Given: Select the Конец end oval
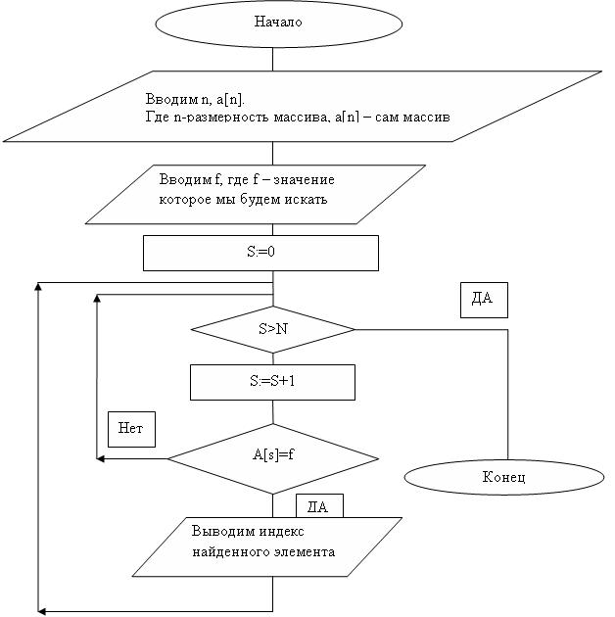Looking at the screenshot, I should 504,477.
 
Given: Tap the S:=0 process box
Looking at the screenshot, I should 260,252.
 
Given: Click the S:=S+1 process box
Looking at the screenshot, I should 271,382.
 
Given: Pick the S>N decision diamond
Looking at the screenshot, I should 273,329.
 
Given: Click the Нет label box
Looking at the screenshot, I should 131,428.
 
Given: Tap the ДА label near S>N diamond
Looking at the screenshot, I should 484,299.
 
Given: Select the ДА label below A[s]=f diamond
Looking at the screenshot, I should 319,506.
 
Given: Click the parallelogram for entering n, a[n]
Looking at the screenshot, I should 302,106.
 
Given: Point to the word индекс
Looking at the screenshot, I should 279,531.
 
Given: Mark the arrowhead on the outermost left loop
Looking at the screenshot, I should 39,287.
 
